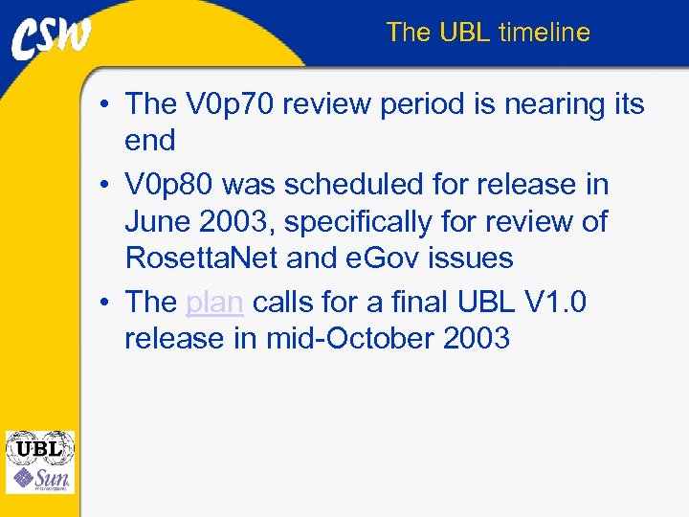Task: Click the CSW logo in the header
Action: (52, 37)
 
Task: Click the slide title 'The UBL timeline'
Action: (488, 33)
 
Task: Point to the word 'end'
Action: (150, 141)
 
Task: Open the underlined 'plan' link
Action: (214, 303)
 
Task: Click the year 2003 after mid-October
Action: (474, 339)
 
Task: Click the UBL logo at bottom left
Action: (39, 447)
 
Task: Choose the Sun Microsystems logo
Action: (39, 479)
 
